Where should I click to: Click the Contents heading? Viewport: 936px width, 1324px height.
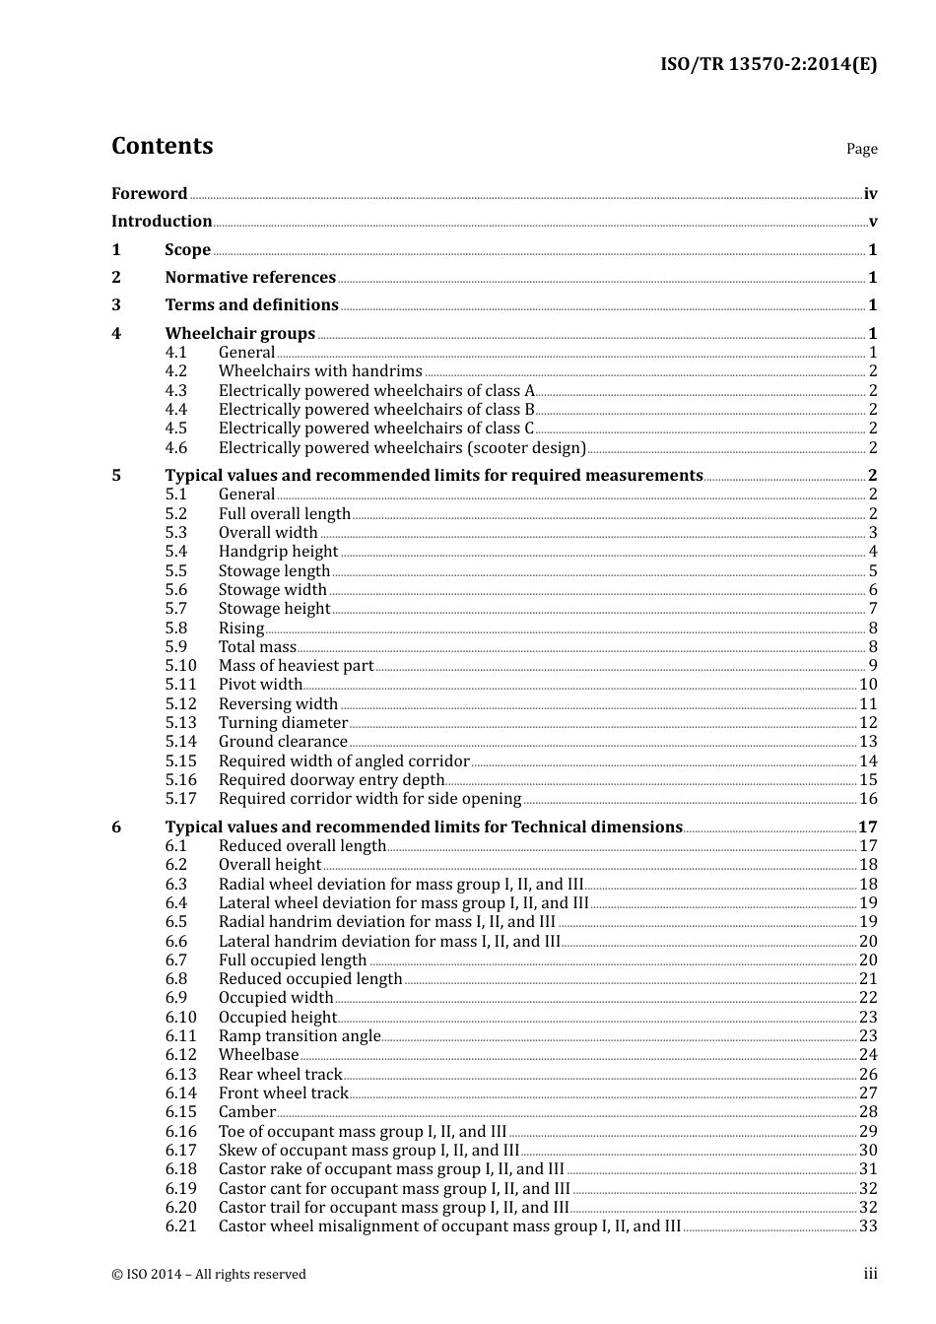[162, 146]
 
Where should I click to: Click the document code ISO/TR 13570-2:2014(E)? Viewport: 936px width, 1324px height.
[768, 65]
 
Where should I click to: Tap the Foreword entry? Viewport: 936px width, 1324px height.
[149, 194]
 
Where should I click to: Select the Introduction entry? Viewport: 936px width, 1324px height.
[162, 222]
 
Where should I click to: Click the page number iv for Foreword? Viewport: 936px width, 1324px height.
[870, 194]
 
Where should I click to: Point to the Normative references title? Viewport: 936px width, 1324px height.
[250, 278]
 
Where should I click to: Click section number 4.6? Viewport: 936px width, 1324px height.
[176, 448]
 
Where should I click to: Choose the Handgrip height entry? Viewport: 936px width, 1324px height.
[278, 552]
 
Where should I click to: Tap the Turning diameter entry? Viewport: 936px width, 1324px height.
[283, 723]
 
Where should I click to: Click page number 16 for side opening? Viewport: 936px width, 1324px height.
[868, 799]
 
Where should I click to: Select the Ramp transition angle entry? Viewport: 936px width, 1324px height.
[300, 1036]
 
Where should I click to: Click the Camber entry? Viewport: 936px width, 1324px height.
[246, 1112]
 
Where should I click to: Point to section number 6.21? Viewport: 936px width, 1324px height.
[181, 1226]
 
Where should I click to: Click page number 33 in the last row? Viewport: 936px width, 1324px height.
[868, 1226]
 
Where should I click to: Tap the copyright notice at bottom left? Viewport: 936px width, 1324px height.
[209, 1275]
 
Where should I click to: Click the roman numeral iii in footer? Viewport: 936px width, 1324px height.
[870, 1274]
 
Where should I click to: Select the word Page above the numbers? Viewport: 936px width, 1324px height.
[861, 149]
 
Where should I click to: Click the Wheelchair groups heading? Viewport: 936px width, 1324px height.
[240, 334]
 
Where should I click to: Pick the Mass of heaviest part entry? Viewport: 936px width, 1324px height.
[296, 666]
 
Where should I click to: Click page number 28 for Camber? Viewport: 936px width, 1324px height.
[868, 1112]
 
